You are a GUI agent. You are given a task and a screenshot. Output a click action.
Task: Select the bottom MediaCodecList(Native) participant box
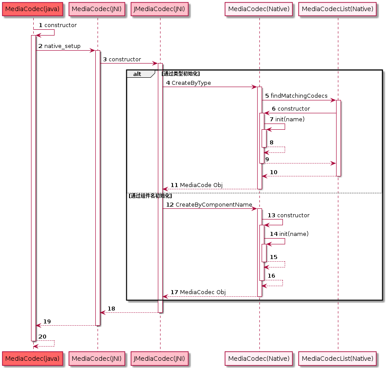(x=337, y=358)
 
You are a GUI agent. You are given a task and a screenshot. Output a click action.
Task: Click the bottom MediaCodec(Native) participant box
(x=259, y=358)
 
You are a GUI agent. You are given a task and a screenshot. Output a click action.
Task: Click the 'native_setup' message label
(x=63, y=46)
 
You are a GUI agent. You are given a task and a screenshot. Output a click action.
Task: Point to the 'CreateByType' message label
(x=191, y=83)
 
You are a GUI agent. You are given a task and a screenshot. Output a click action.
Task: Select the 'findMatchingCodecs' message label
(x=299, y=96)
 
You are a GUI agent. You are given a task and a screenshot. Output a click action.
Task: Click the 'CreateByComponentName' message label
(x=214, y=205)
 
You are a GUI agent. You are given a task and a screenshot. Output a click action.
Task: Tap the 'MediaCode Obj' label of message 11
(x=201, y=185)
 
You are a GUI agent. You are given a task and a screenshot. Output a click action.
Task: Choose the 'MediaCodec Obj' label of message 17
(x=203, y=292)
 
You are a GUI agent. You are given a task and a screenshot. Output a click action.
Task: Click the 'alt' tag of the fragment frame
(x=137, y=74)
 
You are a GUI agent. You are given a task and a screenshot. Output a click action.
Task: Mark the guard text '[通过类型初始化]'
(x=180, y=74)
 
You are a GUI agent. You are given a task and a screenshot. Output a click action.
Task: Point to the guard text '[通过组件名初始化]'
(x=150, y=195)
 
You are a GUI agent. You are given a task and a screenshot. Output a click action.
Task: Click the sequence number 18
(x=111, y=309)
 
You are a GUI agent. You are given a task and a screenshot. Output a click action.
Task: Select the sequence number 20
(x=43, y=337)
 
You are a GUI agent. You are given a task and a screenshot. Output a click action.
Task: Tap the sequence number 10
(x=274, y=172)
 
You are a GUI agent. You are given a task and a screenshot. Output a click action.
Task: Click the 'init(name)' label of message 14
(x=294, y=234)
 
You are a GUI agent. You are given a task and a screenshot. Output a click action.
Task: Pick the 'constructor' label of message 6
(x=294, y=109)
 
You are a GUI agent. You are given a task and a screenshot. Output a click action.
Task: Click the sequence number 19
(x=47, y=322)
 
